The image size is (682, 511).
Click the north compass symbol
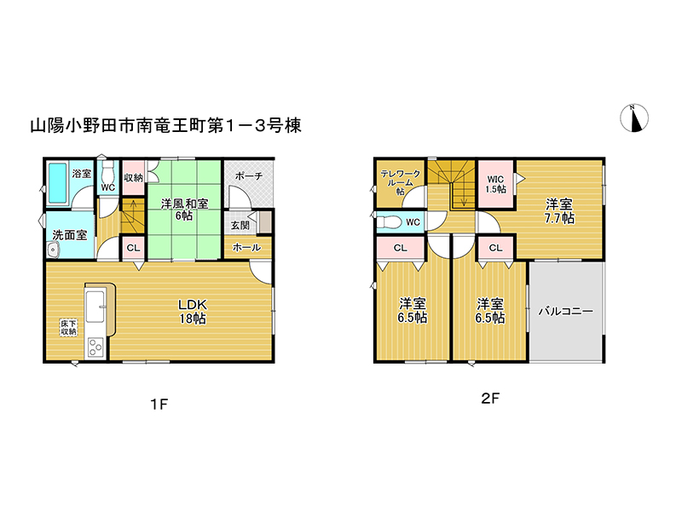[634, 118]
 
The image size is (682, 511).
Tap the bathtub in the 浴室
[57, 183]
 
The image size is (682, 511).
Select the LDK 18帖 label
[193, 311]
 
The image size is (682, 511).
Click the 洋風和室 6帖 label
[184, 210]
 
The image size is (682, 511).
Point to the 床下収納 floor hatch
[69, 327]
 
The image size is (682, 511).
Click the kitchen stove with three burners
[95, 347]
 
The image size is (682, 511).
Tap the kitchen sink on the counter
[95, 307]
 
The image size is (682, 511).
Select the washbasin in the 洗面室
[53, 250]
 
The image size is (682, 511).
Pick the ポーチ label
[249, 176]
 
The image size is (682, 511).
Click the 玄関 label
[240, 225]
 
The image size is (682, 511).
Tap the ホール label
[246, 247]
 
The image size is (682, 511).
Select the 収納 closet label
[133, 177]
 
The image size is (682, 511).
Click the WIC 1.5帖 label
[496, 184]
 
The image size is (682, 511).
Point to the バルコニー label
[565, 311]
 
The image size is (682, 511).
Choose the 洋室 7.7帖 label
[559, 211]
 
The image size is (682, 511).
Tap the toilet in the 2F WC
[389, 221]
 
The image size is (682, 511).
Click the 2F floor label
[490, 398]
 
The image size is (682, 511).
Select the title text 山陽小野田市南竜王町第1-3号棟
[165, 125]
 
